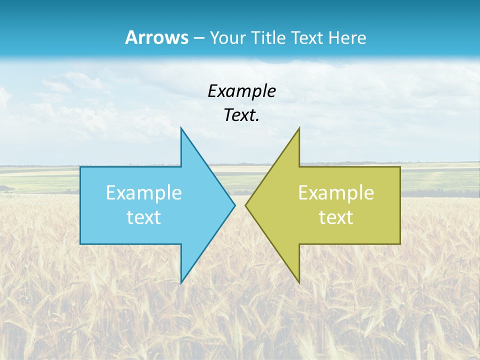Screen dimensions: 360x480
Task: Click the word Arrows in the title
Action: point(156,37)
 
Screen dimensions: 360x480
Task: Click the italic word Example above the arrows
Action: point(241,91)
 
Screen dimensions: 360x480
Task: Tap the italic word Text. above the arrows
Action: point(241,115)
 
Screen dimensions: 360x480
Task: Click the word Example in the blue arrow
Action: point(144,193)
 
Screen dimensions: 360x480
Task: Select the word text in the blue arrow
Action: point(144,217)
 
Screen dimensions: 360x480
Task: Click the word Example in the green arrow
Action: point(336,193)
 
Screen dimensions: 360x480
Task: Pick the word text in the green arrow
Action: point(336,217)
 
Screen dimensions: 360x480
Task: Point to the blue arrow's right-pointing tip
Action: point(235,205)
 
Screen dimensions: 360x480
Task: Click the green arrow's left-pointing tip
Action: point(245,205)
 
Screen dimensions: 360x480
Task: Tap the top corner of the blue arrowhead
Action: point(181,128)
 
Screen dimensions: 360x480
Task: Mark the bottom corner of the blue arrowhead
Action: point(181,283)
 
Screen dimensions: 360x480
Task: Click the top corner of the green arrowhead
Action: point(299,128)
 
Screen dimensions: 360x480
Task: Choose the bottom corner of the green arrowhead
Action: point(299,283)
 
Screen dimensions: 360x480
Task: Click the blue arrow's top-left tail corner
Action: point(80,167)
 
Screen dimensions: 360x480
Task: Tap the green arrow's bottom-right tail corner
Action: point(400,243)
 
